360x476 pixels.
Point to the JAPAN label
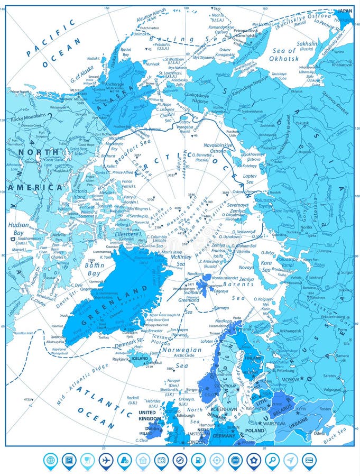[x=345, y=10]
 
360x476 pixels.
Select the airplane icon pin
[x=106, y=460]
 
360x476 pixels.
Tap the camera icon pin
[x=161, y=460]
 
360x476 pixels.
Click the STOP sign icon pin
[x=235, y=460]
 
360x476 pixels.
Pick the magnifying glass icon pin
[x=272, y=460]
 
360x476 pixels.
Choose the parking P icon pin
[x=69, y=460]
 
